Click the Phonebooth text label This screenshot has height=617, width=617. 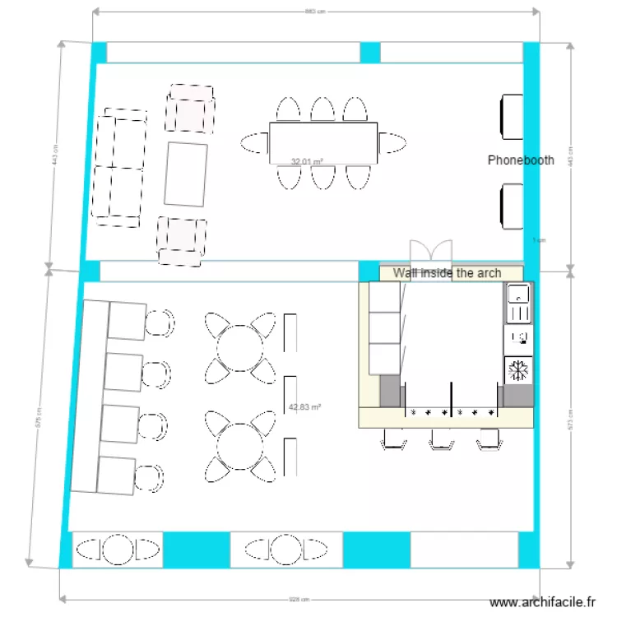click(x=520, y=160)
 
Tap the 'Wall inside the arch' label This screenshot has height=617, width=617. click(x=447, y=273)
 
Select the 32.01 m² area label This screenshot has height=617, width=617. click(x=307, y=162)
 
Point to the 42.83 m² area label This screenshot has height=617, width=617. click(x=304, y=406)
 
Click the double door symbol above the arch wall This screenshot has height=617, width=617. click(x=432, y=252)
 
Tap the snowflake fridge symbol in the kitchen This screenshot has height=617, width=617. click(x=518, y=370)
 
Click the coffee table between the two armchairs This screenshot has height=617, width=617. click(x=185, y=174)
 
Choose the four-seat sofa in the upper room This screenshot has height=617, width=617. click(x=119, y=167)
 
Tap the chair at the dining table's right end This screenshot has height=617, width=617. click(x=393, y=143)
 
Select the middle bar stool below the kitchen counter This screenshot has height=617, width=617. click(x=442, y=442)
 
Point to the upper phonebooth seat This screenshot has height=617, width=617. click(x=512, y=117)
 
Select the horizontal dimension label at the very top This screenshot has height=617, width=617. click(x=315, y=12)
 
